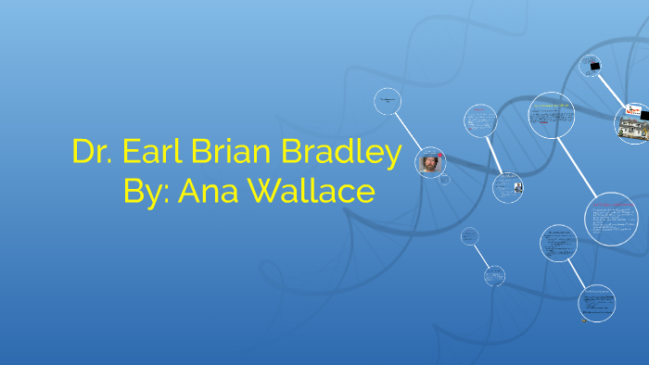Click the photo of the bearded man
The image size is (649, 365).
click(x=430, y=162)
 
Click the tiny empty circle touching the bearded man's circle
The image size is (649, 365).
click(x=444, y=180)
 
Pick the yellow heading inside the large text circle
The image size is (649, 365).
click(x=552, y=107)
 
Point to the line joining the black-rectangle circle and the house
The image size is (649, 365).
click(x=612, y=90)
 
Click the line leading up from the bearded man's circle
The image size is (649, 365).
click(x=408, y=131)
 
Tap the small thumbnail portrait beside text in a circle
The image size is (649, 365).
click(x=519, y=187)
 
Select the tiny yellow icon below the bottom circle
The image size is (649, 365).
click(x=584, y=321)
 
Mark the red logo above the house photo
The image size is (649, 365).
click(x=634, y=109)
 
